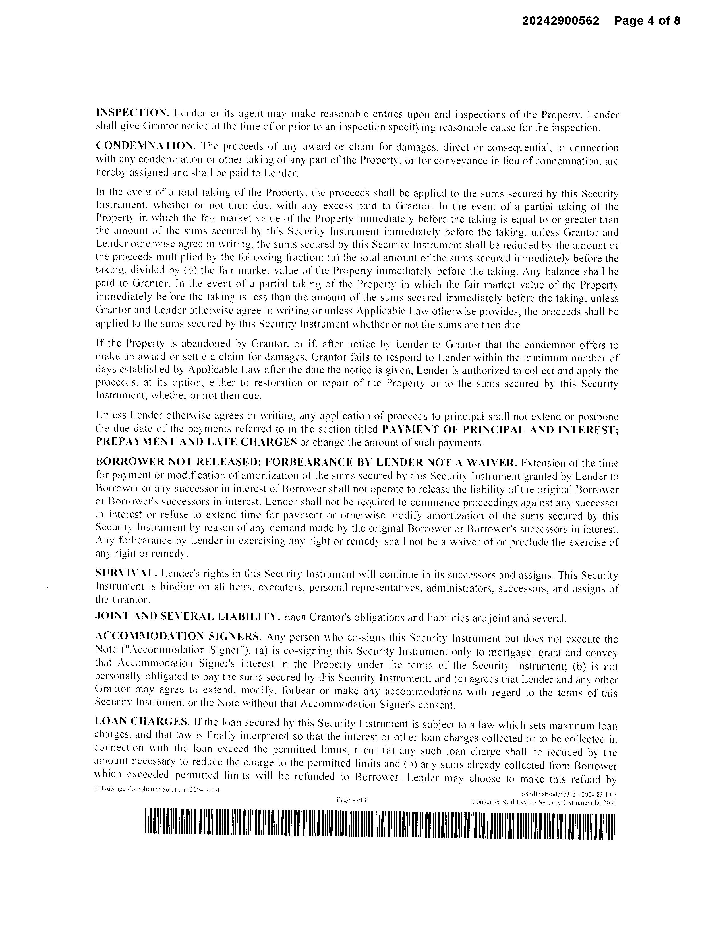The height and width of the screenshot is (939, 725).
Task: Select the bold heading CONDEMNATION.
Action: click(x=146, y=146)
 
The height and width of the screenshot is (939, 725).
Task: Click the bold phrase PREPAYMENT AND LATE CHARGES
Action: click(x=196, y=442)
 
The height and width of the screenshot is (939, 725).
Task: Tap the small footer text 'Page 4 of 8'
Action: click(x=352, y=800)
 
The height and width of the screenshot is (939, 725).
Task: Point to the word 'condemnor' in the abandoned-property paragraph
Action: click(x=546, y=345)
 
